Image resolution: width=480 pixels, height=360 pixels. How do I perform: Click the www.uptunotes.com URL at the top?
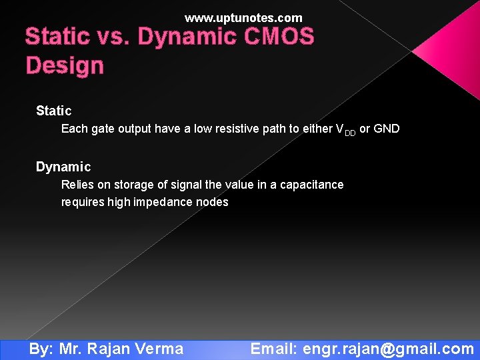pos(243,18)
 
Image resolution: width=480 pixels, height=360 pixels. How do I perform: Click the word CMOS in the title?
pos(279,37)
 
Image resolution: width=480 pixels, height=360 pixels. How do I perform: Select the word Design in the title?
pos(65,66)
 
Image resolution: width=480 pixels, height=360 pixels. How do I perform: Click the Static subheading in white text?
pos(53,111)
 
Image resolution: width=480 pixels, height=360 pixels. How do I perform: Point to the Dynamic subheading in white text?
pos(63,167)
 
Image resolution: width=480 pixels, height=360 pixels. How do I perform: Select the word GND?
pos(387,129)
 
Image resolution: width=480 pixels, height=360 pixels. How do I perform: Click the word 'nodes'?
pos(212,202)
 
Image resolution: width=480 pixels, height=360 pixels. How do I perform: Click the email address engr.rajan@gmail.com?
pos(388,349)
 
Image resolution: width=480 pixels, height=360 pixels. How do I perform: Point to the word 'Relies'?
pos(77,185)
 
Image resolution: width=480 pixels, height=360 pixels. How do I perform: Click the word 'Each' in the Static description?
pos(74,129)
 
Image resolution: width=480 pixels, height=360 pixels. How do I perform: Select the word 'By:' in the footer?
pos(41,349)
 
